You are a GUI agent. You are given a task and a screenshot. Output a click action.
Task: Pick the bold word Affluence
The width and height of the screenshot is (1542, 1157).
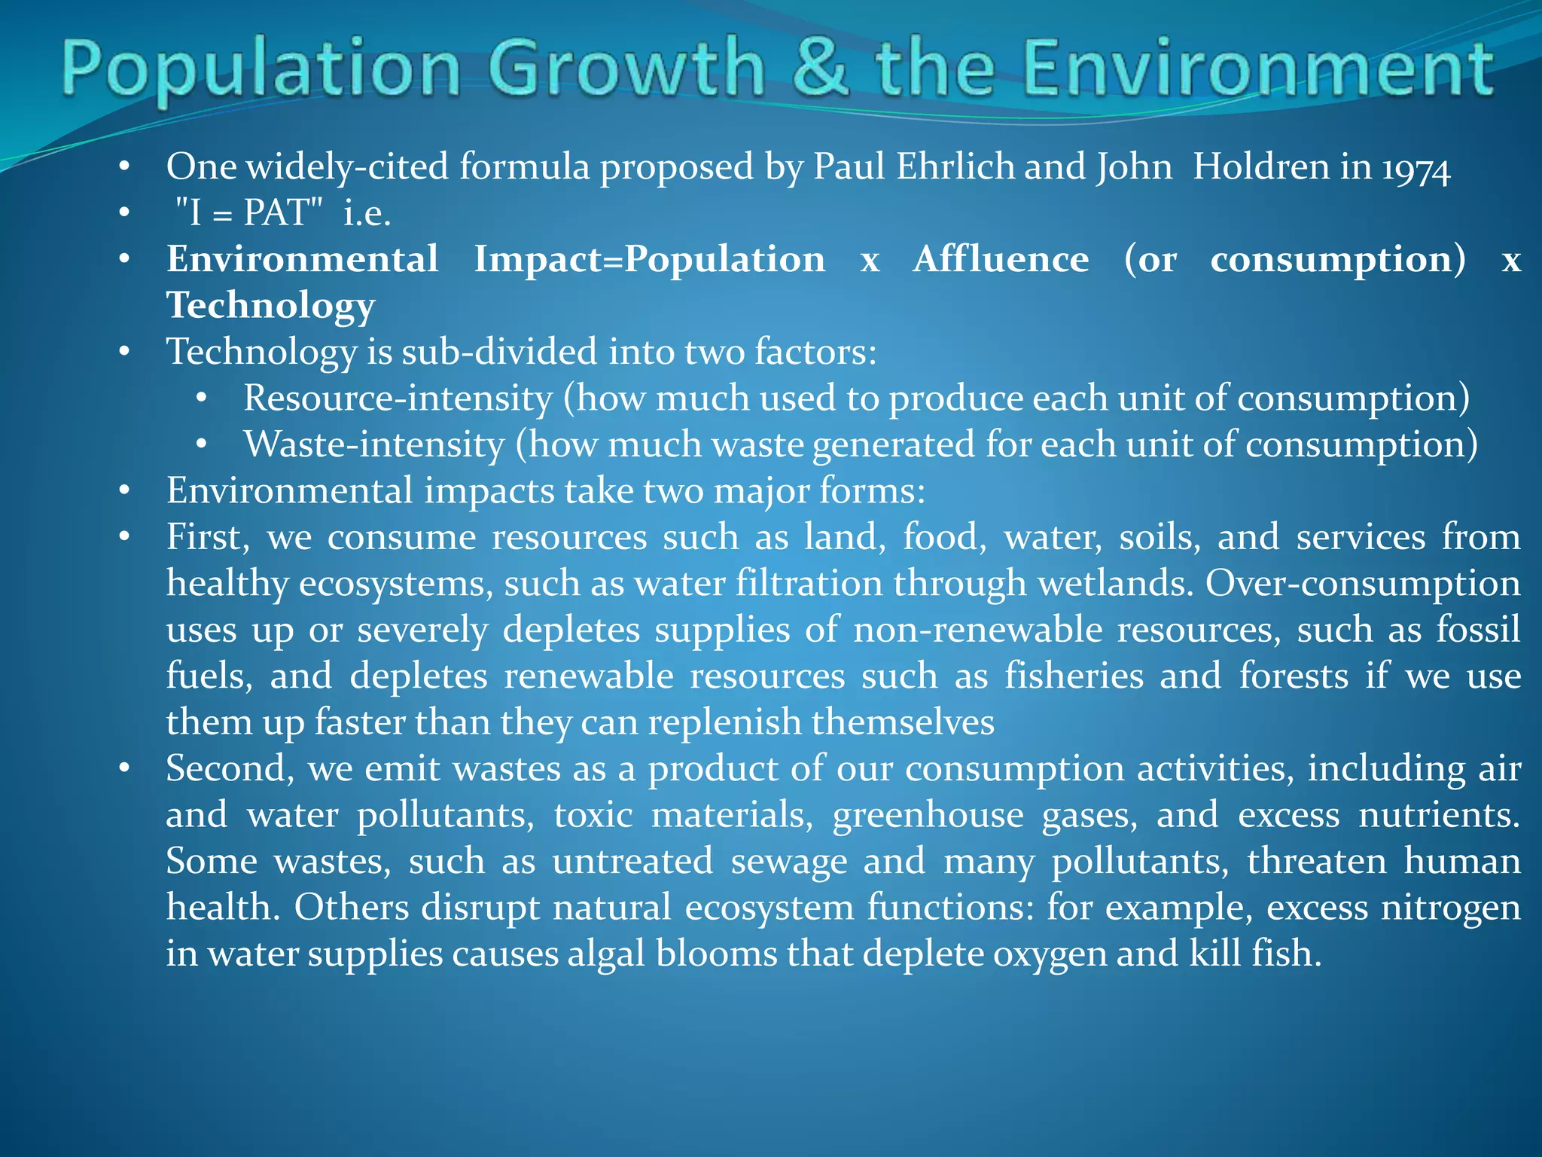point(1001,259)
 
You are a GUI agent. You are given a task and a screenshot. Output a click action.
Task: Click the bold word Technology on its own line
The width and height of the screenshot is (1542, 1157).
point(270,306)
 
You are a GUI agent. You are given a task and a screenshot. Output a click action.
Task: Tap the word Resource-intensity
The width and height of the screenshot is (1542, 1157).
point(398,398)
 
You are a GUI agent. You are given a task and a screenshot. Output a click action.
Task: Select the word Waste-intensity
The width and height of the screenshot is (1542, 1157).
point(373,444)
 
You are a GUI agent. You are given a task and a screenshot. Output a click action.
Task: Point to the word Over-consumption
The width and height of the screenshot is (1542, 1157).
point(1363,584)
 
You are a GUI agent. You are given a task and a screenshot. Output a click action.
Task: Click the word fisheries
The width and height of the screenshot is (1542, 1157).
point(1074,676)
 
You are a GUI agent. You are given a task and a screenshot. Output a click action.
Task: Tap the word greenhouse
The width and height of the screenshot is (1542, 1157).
point(928,815)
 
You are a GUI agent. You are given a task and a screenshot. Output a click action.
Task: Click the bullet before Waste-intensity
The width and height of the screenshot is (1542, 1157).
point(201,445)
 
